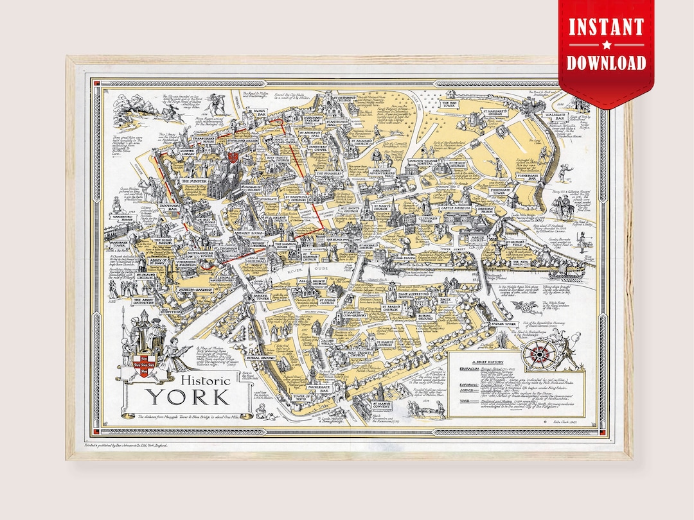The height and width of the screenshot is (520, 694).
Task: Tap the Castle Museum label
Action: coord(455,209)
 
